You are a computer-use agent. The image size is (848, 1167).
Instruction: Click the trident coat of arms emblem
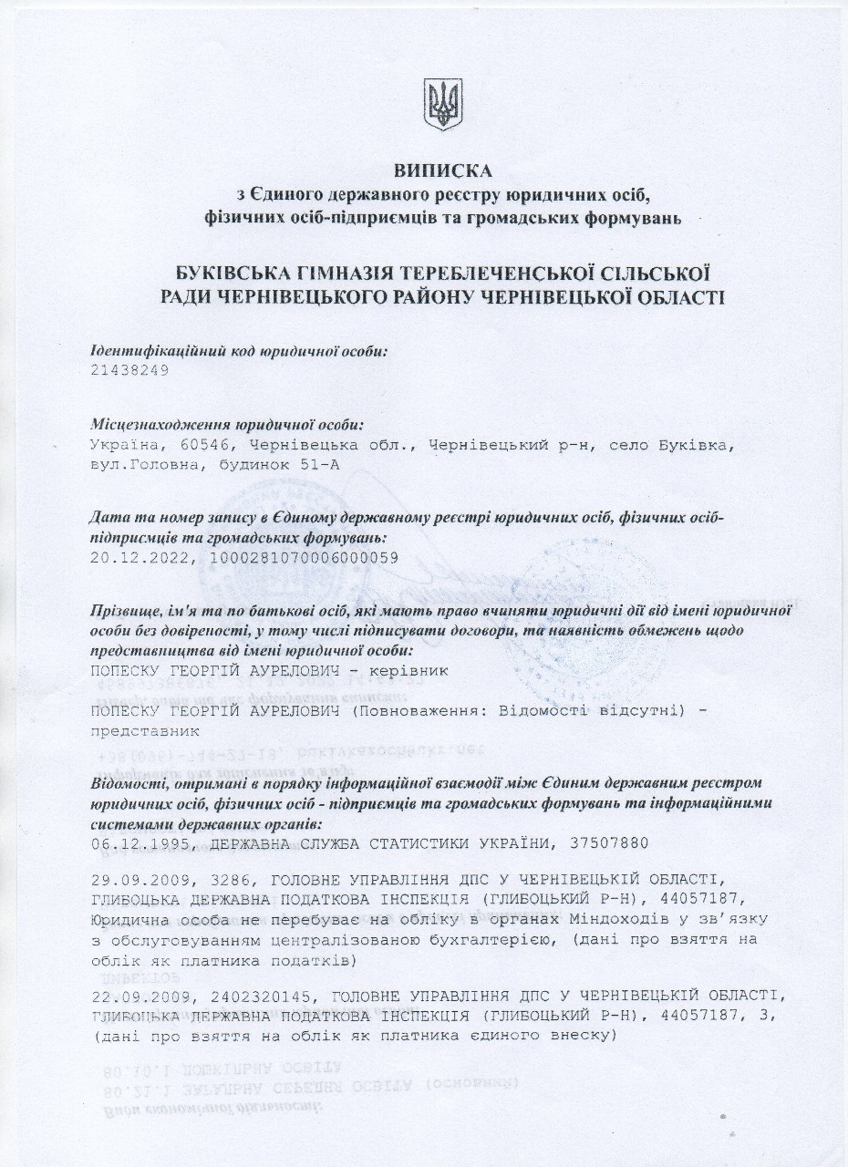[443, 104]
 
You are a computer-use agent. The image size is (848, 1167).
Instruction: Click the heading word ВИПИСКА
[442, 170]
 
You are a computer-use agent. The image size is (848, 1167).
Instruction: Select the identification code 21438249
[130, 371]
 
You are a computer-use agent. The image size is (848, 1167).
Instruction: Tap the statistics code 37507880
[606, 843]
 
